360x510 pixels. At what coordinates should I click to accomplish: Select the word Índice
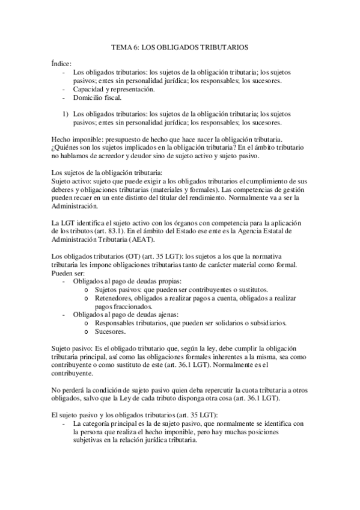61,63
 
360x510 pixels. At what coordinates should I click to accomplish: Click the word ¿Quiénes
67,147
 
